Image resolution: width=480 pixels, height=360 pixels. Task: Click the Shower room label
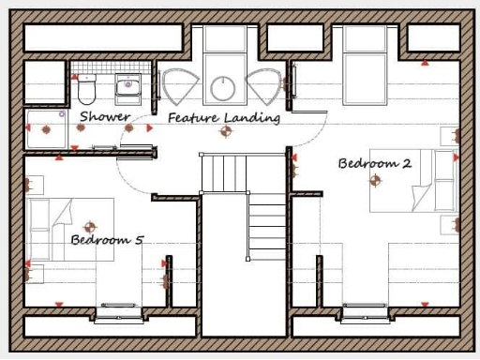[104, 116]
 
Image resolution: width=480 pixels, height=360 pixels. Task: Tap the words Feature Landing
[224, 118]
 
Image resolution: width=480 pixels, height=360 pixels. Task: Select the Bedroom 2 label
[374, 163]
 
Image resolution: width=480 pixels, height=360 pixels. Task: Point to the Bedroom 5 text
[107, 240]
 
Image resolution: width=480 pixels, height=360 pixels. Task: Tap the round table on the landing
[224, 89]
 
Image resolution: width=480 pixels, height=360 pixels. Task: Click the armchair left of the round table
[178, 86]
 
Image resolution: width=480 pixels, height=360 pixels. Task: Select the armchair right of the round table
[265, 86]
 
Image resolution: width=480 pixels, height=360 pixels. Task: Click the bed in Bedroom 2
[411, 179]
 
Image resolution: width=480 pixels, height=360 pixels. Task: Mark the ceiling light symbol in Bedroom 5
[90, 226]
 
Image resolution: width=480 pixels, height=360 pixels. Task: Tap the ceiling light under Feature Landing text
[224, 131]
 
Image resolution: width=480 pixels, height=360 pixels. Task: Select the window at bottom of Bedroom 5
[119, 307]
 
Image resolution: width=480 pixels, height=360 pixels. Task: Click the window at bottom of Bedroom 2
[363, 307]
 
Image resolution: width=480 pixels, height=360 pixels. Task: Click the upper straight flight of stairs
[225, 172]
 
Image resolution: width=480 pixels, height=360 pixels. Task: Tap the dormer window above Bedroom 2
[364, 39]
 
